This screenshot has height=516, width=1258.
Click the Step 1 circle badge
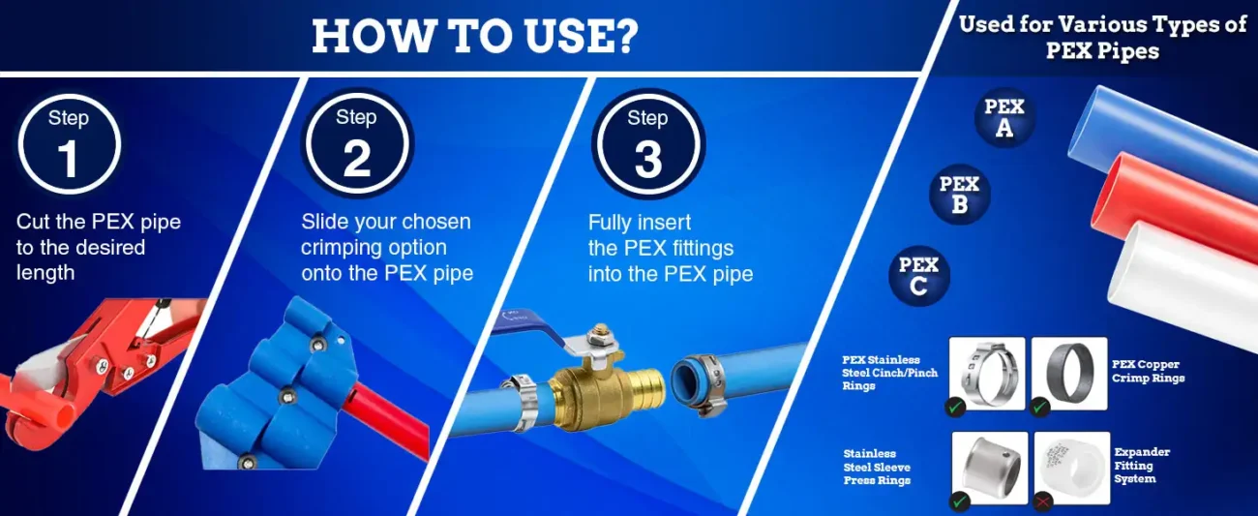pyautogui.click(x=69, y=144)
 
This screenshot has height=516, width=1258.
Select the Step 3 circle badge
pyautogui.click(x=648, y=143)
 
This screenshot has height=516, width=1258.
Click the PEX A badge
pyautogui.click(x=1004, y=117)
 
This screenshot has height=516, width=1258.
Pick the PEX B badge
pyautogui.click(x=959, y=195)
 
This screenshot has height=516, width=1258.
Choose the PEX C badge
pyautogui.click(x=918, y=275)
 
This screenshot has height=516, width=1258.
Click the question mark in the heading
pyautogui.click(x=623, y=36)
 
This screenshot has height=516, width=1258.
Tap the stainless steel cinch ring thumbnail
pyautogui.click(x=987, y=374)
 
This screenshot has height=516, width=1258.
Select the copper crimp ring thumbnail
pyautogui.click(x=1069, y=374)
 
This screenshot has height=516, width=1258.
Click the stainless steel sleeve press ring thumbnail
pyautogui.click(x=990, y=468)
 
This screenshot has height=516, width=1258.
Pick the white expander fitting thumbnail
pyautogui.click(x=1072, y=468)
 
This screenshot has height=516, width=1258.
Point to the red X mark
pyautogui.click(x=1043, y=501)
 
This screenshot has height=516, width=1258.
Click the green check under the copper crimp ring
pyautogui.click(x=1040, y=407)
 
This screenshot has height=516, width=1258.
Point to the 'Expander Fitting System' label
pyautogui.click(x=1142, y=466)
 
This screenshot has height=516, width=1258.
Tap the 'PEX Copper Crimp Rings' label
pyautogui.click(x=1148, y=371)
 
